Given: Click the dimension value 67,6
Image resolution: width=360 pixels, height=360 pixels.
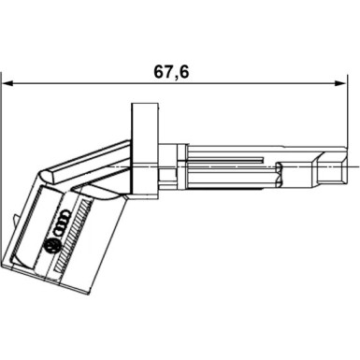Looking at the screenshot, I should click(171, 71).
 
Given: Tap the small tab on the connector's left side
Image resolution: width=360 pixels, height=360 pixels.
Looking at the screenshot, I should click(18, 218).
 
